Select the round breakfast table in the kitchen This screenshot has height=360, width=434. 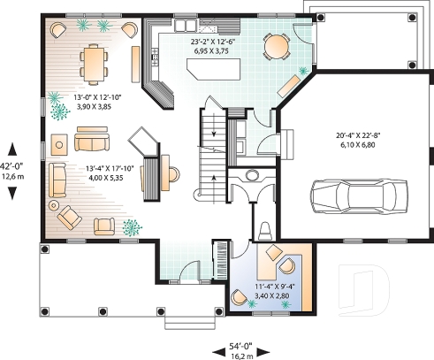(x=277, y=44)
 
